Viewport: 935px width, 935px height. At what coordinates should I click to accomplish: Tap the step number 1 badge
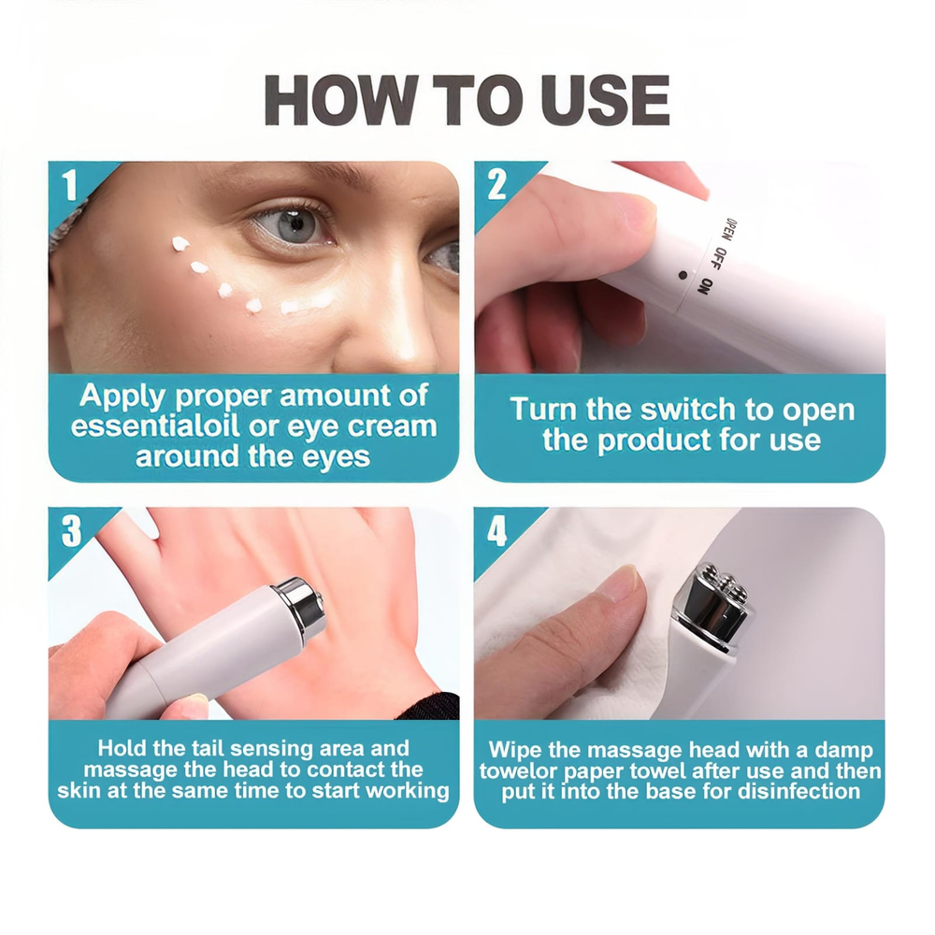point(70,185)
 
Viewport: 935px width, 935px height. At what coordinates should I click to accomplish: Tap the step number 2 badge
point(496,185)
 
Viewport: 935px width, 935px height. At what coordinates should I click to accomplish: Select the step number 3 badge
point(71,531)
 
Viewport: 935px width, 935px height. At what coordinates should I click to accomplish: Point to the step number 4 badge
point(497,531)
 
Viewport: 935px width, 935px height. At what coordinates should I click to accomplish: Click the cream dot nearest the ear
point(180,243)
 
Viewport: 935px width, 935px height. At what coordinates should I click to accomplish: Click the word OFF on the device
point(720,259)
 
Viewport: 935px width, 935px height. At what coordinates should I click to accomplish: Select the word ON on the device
point(705,286)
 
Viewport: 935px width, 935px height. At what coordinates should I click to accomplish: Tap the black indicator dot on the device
point(683,276)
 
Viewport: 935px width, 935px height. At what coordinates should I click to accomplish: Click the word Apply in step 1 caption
point(122,396)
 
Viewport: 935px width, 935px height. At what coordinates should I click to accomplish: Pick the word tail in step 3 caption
point(209,748)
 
